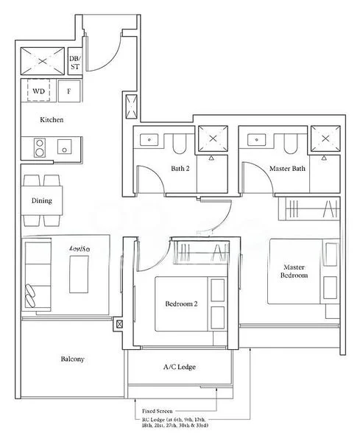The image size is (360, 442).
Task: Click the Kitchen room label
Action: (52, 119)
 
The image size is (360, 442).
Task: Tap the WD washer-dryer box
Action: (38, 91)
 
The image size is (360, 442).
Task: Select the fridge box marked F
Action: (69, 91)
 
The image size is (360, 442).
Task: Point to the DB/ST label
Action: (74, 62)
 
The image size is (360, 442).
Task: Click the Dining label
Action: (41, 200)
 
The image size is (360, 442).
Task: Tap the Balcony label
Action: (72, 359)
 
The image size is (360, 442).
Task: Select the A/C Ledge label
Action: (179, 367)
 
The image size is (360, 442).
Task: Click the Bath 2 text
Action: (180, 169)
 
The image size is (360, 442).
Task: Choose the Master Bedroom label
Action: (294, 271)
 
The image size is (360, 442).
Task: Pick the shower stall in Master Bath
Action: (324, 138)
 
